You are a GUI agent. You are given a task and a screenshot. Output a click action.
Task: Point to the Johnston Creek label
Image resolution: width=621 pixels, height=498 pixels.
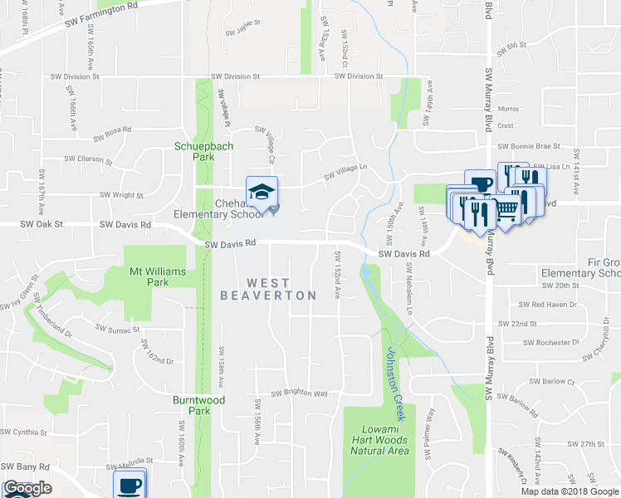(394, 373)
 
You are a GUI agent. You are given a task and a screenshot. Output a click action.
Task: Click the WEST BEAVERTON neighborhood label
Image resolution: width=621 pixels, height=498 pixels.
(268, 290)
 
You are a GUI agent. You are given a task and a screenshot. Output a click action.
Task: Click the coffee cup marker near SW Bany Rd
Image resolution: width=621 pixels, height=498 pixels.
(130, 483)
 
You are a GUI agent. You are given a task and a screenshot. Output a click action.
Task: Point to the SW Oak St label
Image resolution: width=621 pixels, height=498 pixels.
(17, 224)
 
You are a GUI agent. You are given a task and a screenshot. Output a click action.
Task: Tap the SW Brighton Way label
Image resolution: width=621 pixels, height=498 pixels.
(299, 393)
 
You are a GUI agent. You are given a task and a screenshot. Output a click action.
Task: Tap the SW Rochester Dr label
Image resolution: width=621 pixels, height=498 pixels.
(550, 342)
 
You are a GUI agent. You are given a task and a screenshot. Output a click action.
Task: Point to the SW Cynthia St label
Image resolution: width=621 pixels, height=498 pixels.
(24, 432)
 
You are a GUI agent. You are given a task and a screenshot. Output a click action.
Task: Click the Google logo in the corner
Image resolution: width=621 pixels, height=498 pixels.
(27, 488)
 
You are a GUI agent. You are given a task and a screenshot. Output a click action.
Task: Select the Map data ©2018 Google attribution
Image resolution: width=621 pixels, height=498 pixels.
(570, 491)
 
